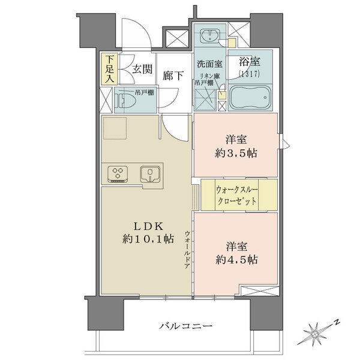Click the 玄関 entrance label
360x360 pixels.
click(x=142, y=69)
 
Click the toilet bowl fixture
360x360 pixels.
click(x=122, y=101)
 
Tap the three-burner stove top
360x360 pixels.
click(x=118, y=173)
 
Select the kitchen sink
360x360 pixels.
click(x=150, y=174)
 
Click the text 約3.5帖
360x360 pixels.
click(x=236, y=153)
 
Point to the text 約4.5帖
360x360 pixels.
click(x=236, y=260)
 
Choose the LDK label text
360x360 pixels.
click(x=149, y=227)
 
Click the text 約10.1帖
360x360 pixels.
click(x=148, y=239)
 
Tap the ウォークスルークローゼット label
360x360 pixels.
click(x=237, y=195)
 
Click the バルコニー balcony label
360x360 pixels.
click(x=186, y=325)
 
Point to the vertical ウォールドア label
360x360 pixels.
click(x=188, y=250)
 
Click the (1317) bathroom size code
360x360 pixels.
click(x=250, y=74)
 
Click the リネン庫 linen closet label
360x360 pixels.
click(x=209, y=76)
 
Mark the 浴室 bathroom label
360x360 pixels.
click(x=250, y=62)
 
